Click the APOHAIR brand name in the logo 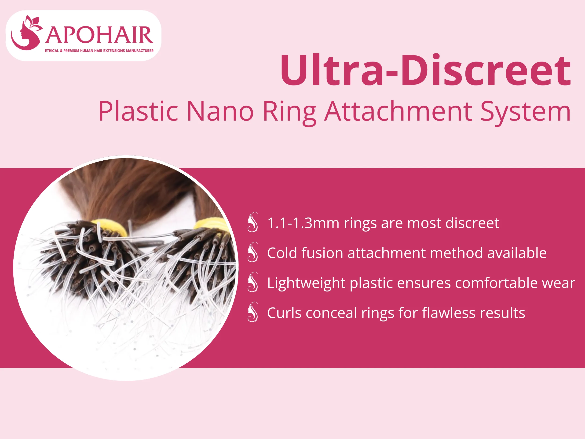(99, 35)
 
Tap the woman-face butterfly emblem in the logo (26, 33)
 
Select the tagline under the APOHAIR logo (99, 51)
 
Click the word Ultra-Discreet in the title (425, 70)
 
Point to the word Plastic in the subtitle (138, 111)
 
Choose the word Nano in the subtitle (220, 111)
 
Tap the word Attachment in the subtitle (398, 111)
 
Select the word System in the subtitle (525, 112)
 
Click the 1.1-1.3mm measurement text (303, 223)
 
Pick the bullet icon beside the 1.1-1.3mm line (252, 222)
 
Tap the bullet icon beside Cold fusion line (252, 252)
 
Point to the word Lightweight (306, 283)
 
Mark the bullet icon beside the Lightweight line (252, 282)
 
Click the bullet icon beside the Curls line (252, 312)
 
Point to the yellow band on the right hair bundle (212, 224)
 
